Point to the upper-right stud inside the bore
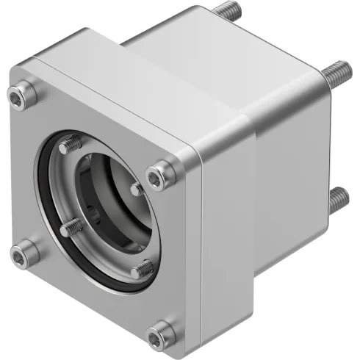(137, 189)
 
